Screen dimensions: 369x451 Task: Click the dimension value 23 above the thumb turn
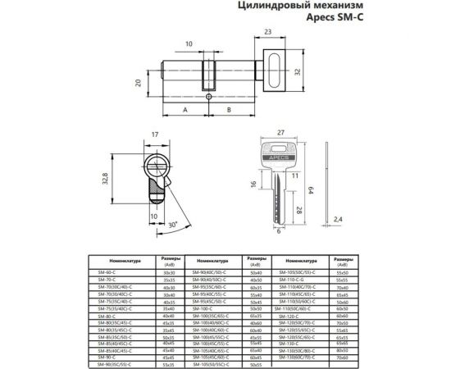pyautogui.click(x=268, y=33)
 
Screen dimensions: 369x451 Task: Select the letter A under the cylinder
pyautogui.click(x=185, y=110)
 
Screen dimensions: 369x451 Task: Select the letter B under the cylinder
pyautogui.click(x=229, y=110)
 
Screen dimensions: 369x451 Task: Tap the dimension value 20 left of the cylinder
pyautogui.click(x=140, y=83)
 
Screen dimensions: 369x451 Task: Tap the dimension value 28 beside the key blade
pyautogui.click(x=298, y=210)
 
